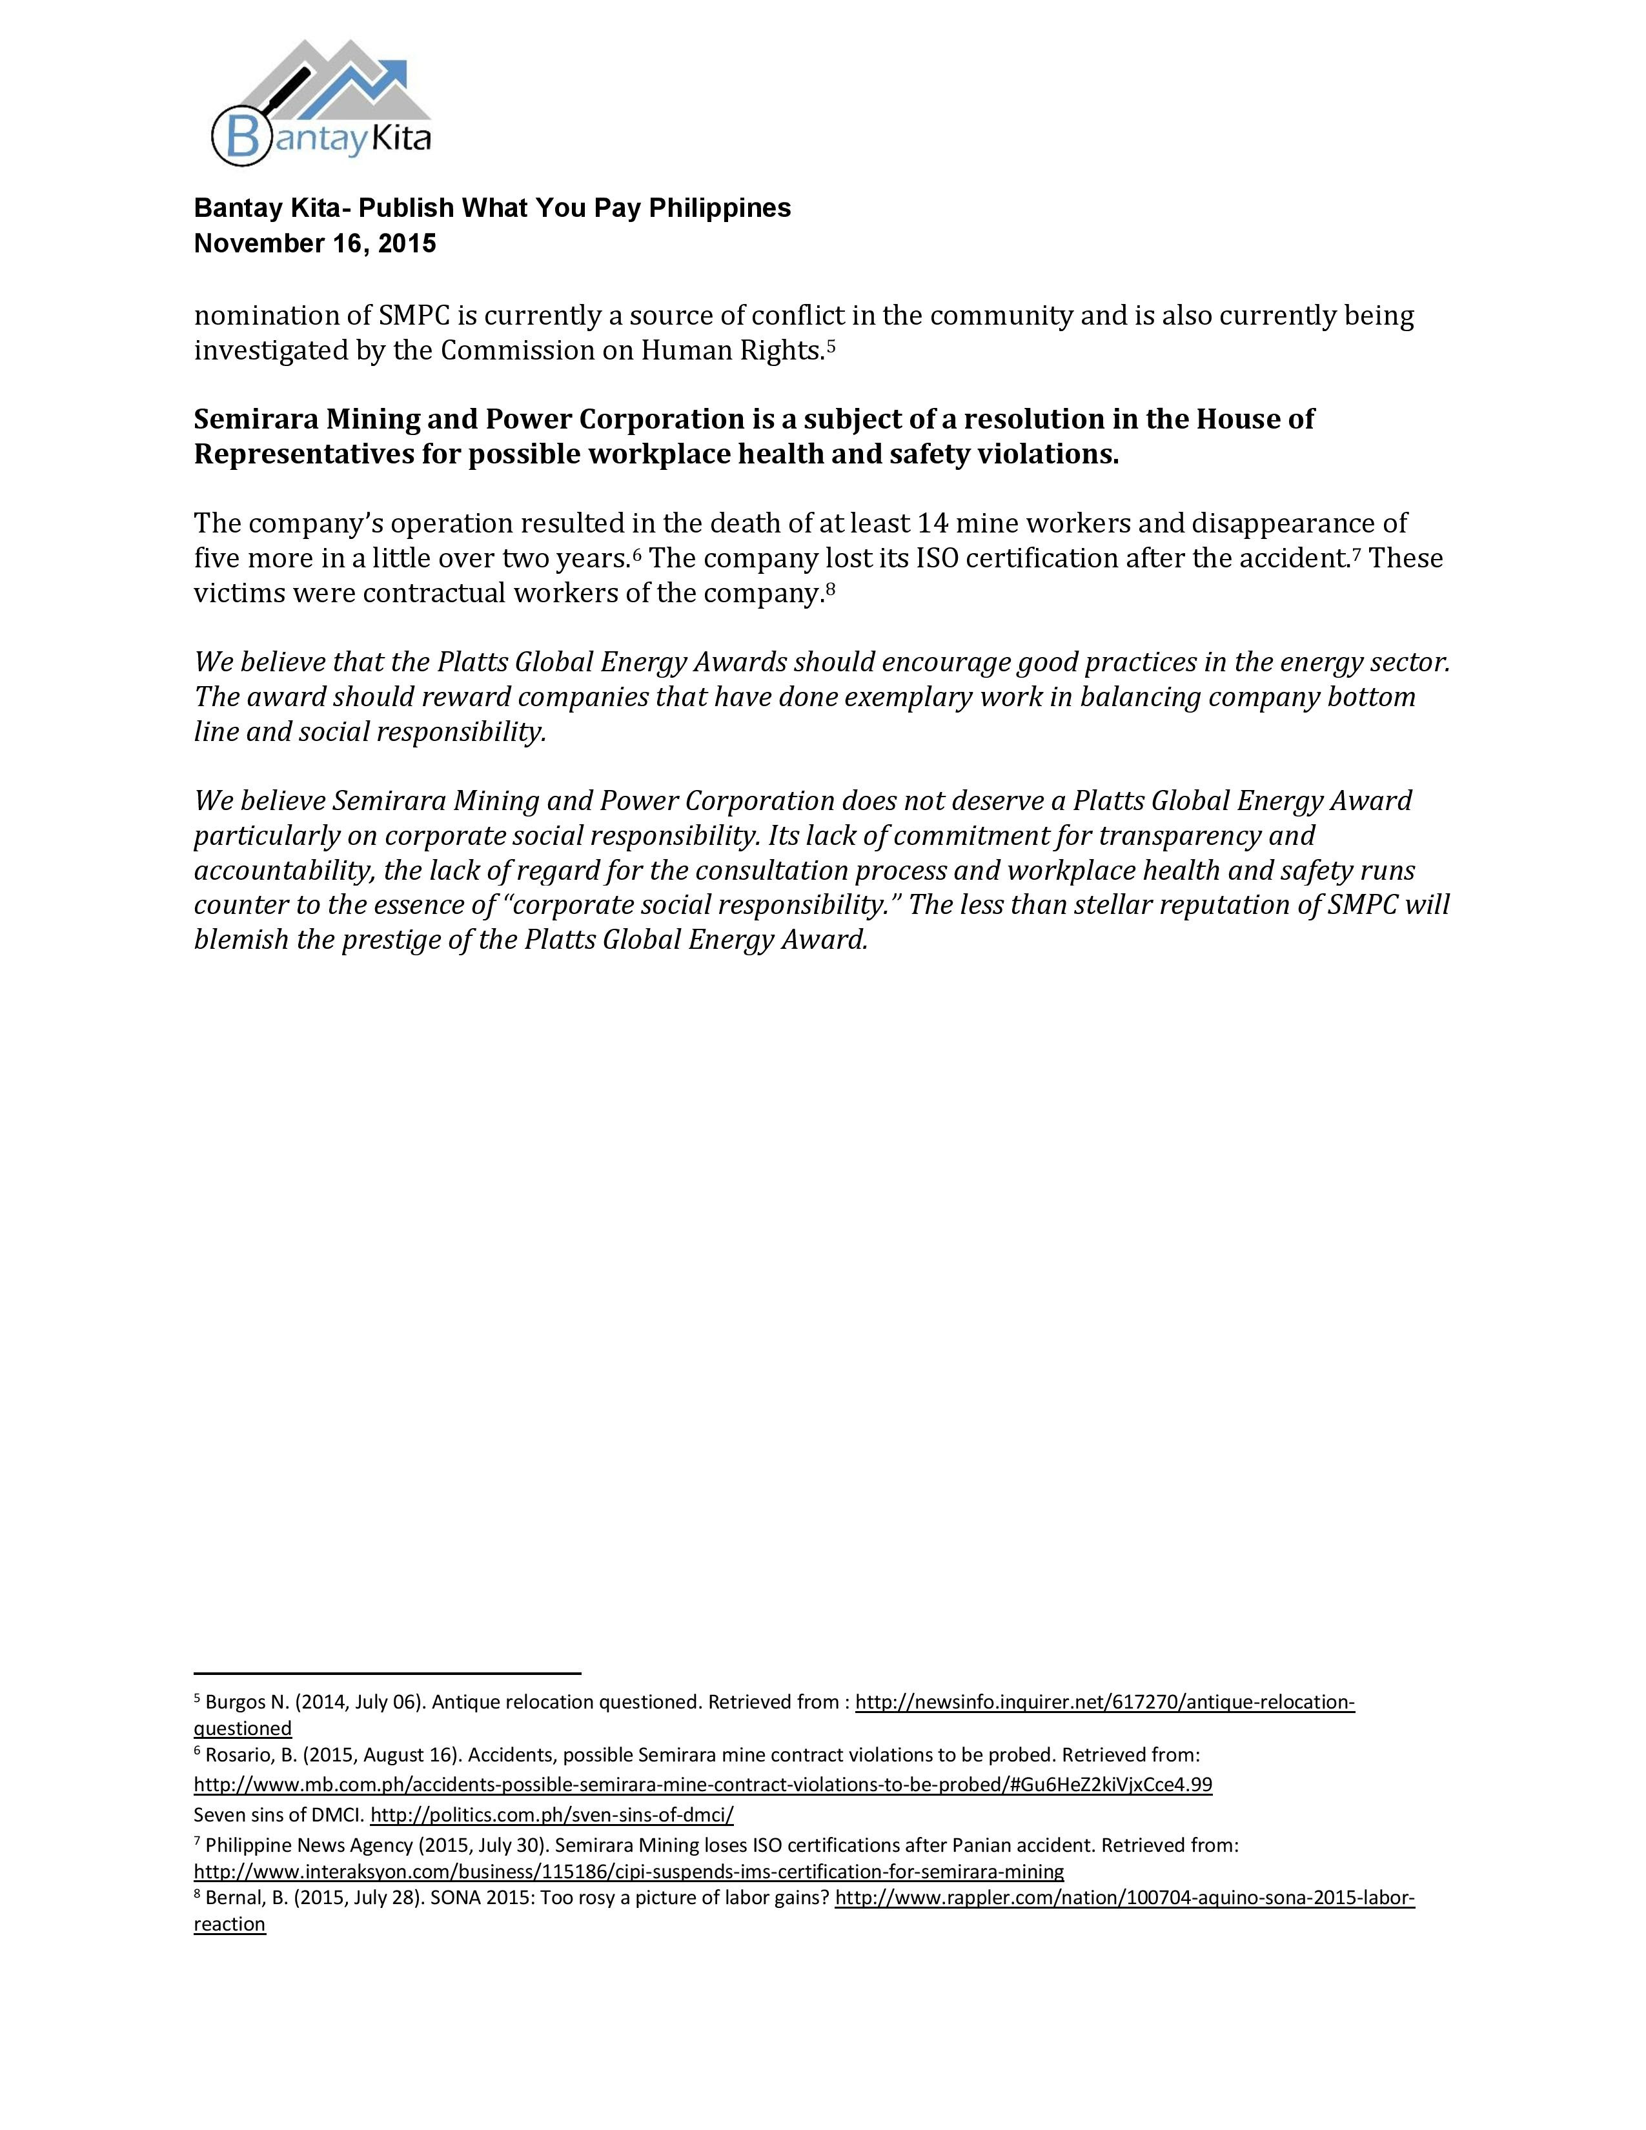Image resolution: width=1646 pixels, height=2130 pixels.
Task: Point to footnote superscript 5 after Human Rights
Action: (x=831, y=343)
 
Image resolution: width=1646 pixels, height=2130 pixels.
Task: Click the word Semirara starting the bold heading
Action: (x=254, y=420)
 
